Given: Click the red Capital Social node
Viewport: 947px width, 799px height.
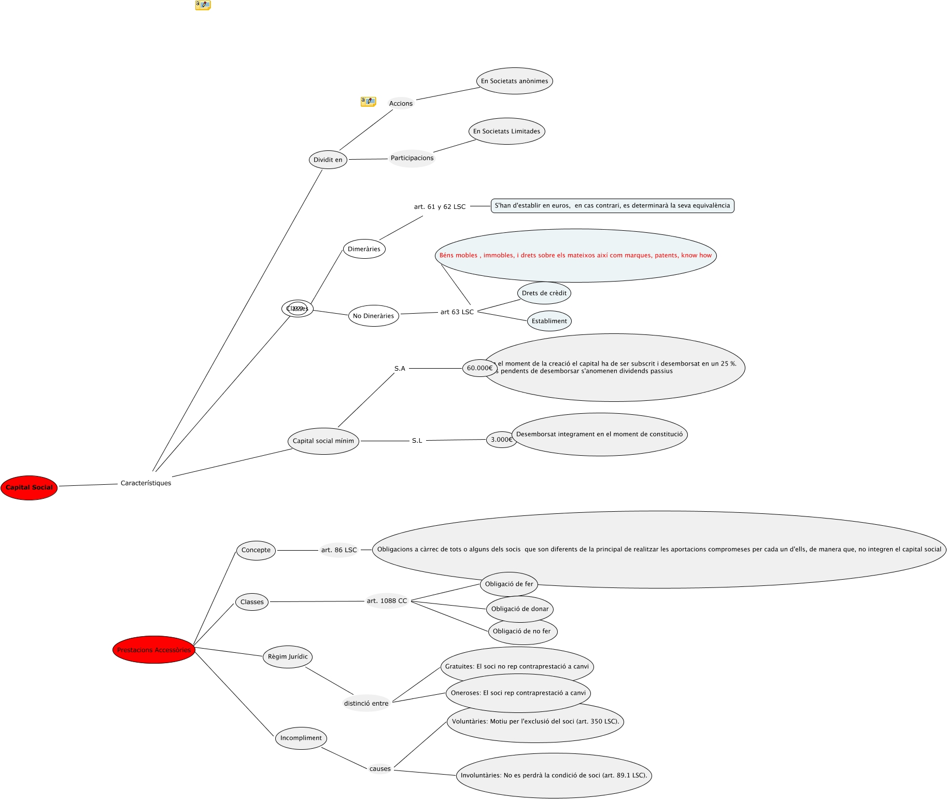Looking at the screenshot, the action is tap(29, 487).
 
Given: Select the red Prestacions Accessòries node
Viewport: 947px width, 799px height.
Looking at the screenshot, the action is tap(153, 650).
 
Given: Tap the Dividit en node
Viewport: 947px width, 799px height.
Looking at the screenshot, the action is tap(328, 160).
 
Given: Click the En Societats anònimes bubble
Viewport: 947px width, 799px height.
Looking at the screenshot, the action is tap(514, 81).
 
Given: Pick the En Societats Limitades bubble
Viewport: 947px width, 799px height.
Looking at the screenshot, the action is tap(506, 131).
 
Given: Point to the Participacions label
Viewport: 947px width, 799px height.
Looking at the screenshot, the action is tap(412, 158).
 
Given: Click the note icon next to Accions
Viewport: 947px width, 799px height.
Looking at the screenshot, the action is tap(368, 102).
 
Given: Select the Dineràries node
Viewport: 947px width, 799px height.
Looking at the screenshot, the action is tap(364, 249).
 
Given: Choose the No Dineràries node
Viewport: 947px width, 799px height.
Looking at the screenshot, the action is tap(373, 316).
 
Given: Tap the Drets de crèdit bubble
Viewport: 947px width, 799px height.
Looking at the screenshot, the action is tap(544, 293).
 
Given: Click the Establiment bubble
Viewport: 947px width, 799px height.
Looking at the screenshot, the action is tap(549, 321).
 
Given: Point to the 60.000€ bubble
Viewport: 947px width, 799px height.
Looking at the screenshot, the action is tap(479, 368).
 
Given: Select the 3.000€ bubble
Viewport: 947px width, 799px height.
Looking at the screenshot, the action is tap(501, 440).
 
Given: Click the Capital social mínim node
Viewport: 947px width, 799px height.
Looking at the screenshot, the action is tap(323, 441).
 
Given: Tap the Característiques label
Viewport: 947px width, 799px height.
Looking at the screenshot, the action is tap(146, 483).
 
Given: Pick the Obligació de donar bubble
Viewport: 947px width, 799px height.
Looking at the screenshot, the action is tap(519, 609).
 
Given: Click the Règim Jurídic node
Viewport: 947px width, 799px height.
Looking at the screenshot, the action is tap(288, 656).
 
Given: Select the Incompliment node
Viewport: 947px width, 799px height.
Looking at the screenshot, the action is tap(301, 738).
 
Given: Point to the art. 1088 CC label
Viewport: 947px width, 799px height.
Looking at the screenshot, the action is tap(387, 601).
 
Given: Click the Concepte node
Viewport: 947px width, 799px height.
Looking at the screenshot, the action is tap(256, 550).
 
